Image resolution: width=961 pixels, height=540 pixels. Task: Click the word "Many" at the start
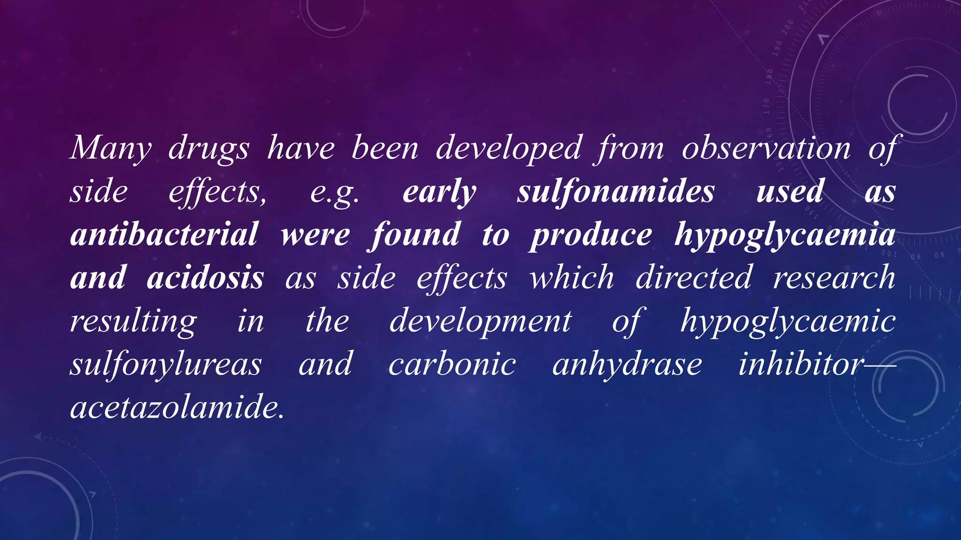111,148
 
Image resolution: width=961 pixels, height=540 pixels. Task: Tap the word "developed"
509,148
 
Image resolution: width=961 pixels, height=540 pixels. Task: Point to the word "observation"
766,148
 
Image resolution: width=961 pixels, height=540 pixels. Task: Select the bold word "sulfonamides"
616,191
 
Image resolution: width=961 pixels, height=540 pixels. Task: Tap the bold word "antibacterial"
164,234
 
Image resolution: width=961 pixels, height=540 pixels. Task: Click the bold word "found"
415,234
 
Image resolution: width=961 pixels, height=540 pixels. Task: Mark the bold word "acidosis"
206,277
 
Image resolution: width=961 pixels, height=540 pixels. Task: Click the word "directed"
694,277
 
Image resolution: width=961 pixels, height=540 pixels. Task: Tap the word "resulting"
134,322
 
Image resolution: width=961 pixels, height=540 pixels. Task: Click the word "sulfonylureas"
166,365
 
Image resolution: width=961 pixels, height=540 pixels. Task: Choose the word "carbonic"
452,365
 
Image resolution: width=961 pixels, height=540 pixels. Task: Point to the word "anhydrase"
627,365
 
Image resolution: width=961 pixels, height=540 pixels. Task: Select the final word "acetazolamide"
177,407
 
